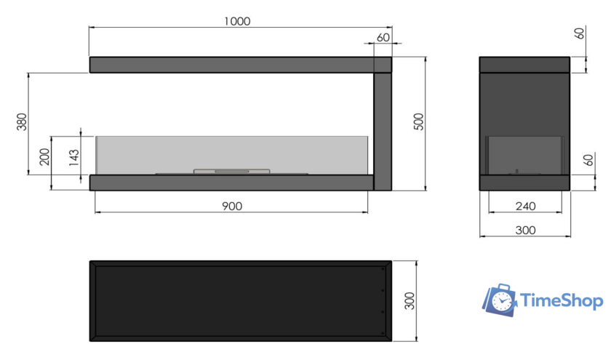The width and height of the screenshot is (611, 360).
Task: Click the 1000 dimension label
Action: tap(237, 21)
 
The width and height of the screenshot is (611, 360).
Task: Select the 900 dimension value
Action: tap(232, 206)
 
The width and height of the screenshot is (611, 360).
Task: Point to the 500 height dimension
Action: tap(418, 121)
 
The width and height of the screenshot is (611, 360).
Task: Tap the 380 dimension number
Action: tap(22, 121)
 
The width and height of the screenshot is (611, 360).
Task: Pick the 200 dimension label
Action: tap(45, 156)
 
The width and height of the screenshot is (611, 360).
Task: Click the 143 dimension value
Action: tap(73, 157)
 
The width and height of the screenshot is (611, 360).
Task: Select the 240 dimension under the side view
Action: tap(525, 206)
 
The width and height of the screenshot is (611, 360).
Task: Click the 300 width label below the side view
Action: tap(525, 231)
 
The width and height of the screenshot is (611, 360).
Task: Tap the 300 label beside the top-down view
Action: tap(410, 301)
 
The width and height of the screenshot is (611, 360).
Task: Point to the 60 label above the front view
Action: tap(383, 37)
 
